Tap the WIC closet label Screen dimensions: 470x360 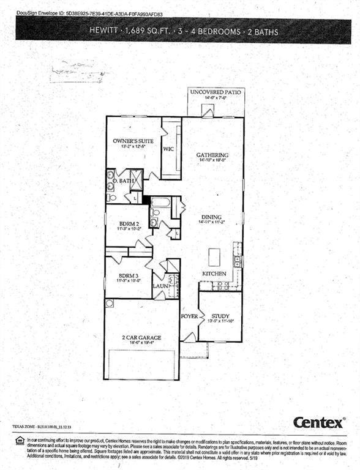click(x=169, y=148)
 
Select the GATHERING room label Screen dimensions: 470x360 click(x=212, y=155)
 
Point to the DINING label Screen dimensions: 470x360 click(x=212, y=217)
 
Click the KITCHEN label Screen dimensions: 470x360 click(x=214, y=273)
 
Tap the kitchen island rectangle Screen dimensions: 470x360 click(x=214, y=255)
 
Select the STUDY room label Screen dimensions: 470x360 click(x=220, y=316)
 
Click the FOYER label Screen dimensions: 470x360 click(x=189, y=316)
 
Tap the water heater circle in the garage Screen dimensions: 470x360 click(x=110, y=304)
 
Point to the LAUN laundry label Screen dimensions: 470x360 click(x=160, y=285)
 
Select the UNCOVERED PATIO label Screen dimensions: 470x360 click(x=216, y=92)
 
